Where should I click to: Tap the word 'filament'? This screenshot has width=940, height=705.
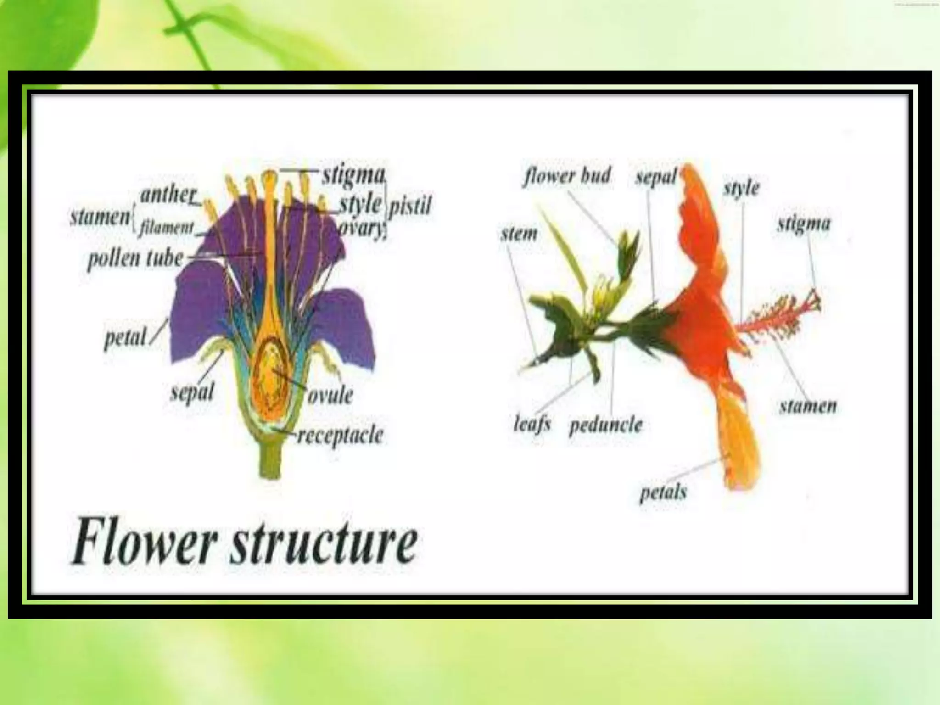(x=167, y=227)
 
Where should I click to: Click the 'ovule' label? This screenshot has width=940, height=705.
(x=330, y=395)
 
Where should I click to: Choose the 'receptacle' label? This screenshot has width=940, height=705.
(x=340, y=435)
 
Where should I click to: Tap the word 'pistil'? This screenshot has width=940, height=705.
(x=410, y=206)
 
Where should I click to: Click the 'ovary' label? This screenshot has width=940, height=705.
(x=363, y=228)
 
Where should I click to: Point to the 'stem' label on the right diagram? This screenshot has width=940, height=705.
(x=519, y=234)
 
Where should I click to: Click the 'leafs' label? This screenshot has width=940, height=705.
(x=532, y=424)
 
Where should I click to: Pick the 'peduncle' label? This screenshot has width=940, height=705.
(x=606, y=425)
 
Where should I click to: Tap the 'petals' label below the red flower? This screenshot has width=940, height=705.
(x=663, y=492)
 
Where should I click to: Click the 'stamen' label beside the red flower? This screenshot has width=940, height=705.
(x=808, y=406)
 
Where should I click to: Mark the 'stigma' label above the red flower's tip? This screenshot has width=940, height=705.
(x=804, y=224)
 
